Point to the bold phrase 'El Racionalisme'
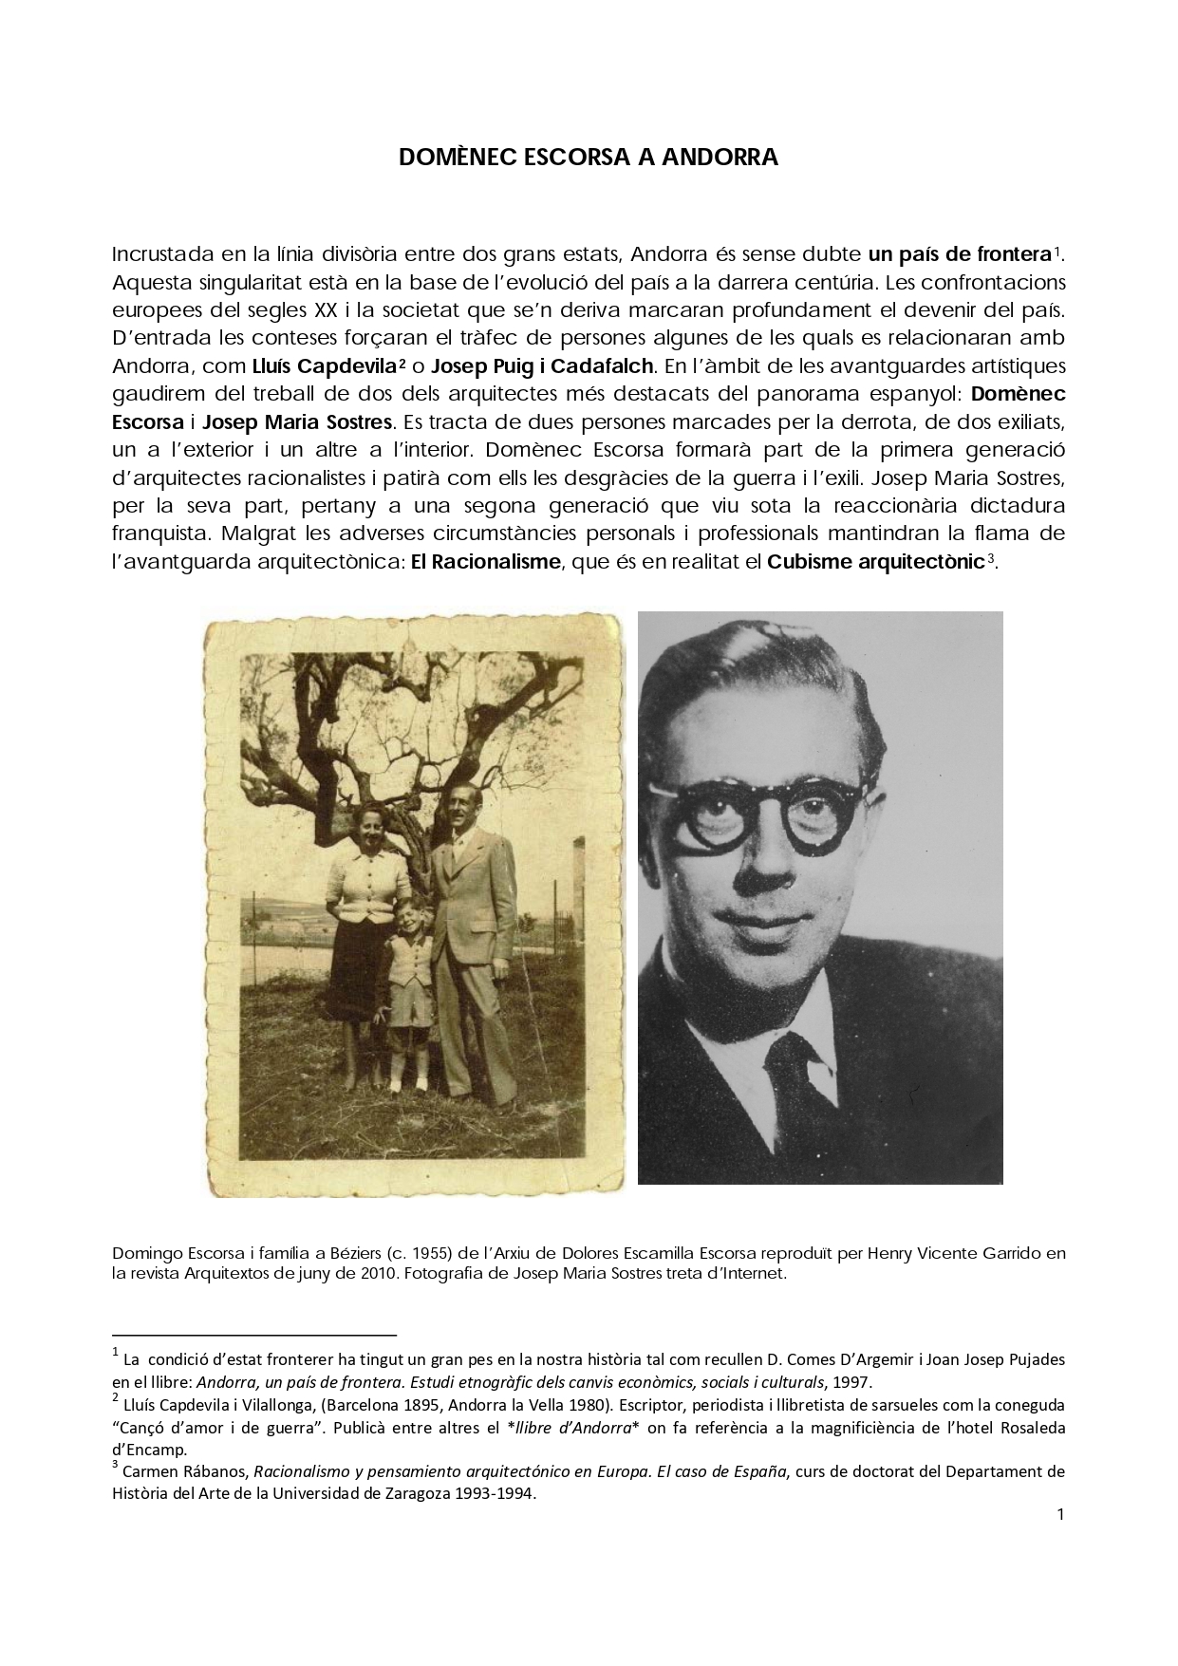click(484, 561)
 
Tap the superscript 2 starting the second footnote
click(115, 1397)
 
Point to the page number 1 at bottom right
click(1059, 1513)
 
